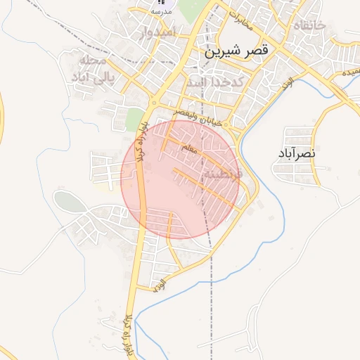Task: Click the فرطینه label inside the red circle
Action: (222, 172)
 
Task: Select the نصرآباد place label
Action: (303, 151)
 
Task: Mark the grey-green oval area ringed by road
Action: (68, 202)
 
